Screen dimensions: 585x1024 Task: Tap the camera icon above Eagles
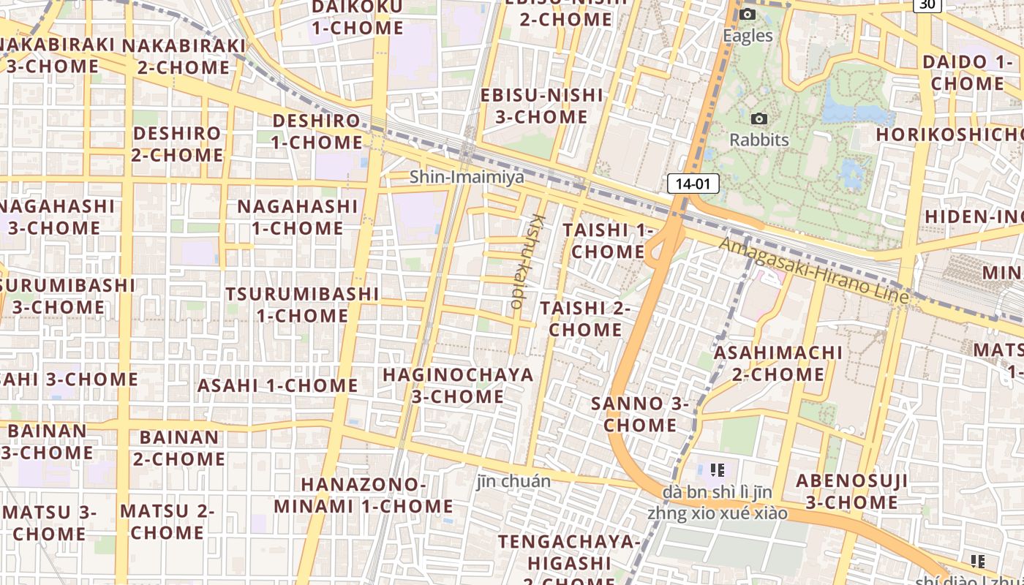point(747,15)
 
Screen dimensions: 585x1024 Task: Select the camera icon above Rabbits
point(759,118)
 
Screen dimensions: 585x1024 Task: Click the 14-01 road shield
point(693,184)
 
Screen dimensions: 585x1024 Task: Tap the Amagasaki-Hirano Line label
point(814,271)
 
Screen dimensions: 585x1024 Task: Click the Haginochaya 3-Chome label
point(458,385)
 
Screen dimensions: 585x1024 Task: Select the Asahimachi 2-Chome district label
point(778,363)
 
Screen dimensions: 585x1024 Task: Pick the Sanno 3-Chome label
point(640,414)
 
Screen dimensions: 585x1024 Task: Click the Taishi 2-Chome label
point(585,319)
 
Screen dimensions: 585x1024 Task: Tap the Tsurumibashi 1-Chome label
point(302,305)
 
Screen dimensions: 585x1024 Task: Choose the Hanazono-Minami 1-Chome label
point(364,495)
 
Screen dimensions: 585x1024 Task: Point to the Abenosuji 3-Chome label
point(851,491)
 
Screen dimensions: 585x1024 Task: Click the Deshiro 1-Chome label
point(317,132)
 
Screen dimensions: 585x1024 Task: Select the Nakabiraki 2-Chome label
point(184,56)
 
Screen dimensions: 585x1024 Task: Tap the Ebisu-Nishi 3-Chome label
point(542,106)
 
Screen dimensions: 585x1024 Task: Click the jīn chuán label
point(513,482)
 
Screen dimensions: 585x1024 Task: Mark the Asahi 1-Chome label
point(277,385)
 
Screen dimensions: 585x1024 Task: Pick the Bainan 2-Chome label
point(178,448)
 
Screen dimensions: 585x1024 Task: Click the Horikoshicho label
point(949,135)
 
